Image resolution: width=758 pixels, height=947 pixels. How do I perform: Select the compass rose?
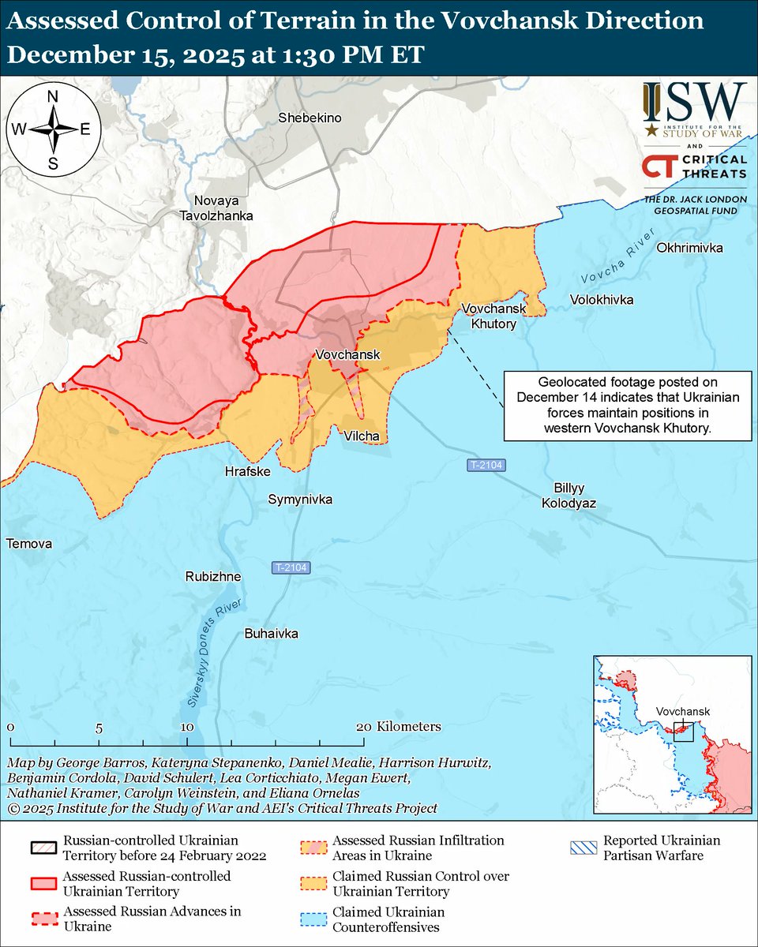(53, 129)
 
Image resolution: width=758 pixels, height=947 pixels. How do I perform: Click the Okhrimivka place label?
(689, 248)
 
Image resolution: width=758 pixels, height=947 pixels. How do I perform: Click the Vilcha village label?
(362, 436)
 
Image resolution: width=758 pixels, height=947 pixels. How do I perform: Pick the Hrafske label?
(248, 471)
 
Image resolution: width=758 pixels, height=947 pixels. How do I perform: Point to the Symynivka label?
(300, 500)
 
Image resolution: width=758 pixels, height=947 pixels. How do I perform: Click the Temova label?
(28, 544)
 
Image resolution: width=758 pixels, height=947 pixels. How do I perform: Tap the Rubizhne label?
(213, 577)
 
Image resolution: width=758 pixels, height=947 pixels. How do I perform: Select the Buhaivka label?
(272, 633)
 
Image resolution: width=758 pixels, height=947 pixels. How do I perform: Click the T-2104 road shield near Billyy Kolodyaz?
(483, 466)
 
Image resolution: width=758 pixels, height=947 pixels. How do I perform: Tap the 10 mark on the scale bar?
(186, 727)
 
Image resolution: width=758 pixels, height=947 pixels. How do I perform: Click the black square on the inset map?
(682, 730)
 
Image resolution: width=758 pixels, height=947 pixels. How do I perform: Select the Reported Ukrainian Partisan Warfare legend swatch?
(581, 848)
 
